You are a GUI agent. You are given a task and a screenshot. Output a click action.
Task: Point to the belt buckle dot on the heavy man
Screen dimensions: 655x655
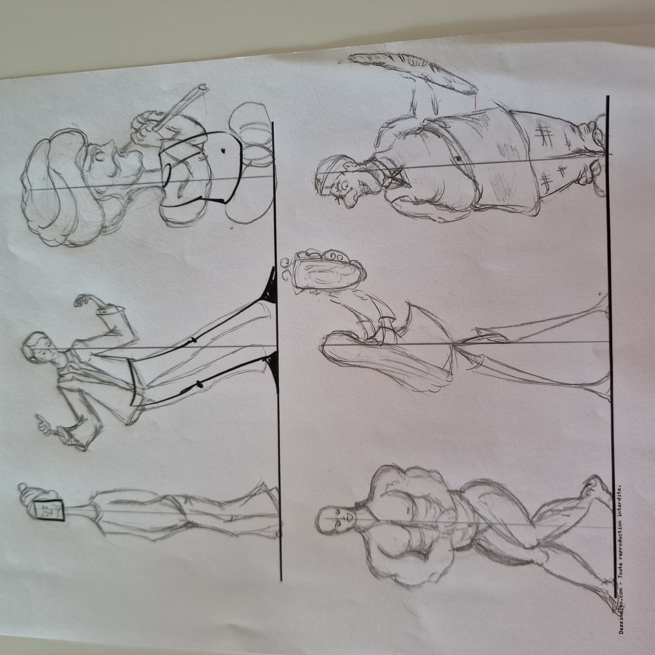(x=458, y=158)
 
